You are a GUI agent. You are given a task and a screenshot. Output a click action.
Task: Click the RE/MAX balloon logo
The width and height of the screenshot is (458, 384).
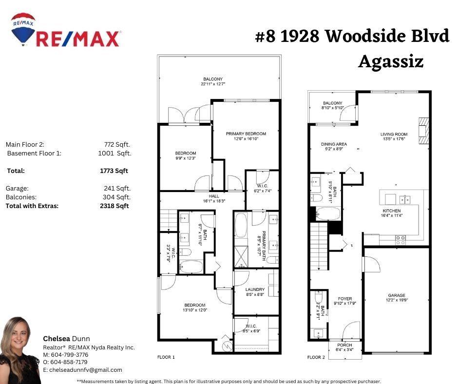[x=23, y=29]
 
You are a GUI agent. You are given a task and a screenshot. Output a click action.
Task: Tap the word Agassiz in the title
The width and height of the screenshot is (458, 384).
[x=391, y=62]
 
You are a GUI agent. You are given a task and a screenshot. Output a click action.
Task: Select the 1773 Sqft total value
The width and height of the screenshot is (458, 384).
[x=114, y=171]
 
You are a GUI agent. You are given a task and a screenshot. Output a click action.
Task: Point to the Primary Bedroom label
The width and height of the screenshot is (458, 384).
[x=246, y=134]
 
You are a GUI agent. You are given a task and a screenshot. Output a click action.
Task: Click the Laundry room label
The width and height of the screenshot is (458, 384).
[x=255, y=289]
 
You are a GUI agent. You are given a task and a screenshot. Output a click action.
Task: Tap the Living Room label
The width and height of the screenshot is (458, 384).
[x=394, y=134]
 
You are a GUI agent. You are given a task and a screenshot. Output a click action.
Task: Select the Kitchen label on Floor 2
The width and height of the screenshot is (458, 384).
[x=392, y=211]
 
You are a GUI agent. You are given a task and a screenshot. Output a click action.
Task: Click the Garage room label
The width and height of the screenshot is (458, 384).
[x=396, y=295]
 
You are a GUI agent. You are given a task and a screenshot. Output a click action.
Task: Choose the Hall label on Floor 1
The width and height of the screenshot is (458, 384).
[x=214, y=196]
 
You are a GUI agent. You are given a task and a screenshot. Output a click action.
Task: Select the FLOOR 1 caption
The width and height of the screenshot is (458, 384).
[x=166, y=358]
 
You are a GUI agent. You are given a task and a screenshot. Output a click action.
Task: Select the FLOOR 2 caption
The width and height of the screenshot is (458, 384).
[x=316, y=358]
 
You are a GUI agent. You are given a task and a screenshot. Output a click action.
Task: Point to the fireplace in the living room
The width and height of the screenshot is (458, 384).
[x=424, y=131]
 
